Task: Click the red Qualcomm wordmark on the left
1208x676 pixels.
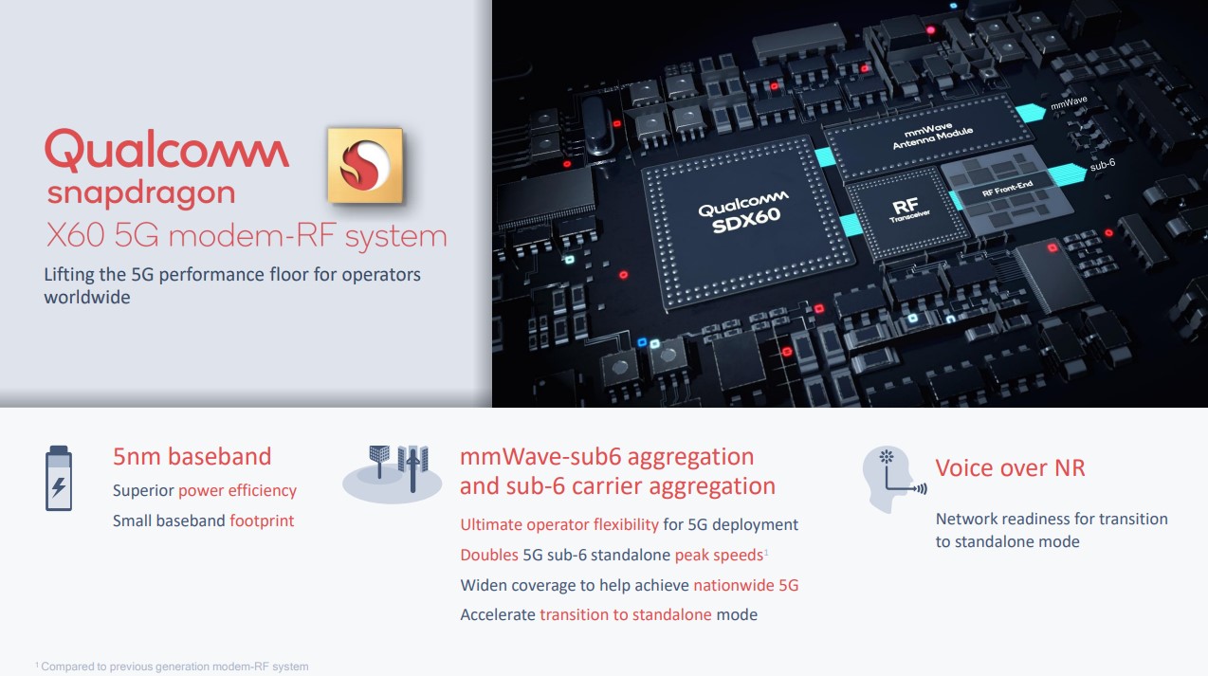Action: pyautogui.click(x=167, y=152)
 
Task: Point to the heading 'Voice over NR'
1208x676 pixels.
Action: pyautogui.click(x=1010, y=467)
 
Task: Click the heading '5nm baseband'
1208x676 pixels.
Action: pyautogui.click(x=192, y=456)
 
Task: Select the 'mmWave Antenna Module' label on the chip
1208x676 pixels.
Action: pyautogui.click(x=920, y=138)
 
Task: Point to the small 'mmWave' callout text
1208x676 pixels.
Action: pyautogui.click(x=1069, y=99)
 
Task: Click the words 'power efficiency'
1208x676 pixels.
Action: pyautogui.click(x=237, y=490)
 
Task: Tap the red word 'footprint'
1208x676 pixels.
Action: pyautogui.click(x=262, y=521)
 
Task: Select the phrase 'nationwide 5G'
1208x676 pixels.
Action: pyautogui.click(x=745, y=585)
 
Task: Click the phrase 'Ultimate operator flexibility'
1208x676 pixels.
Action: pyautogui.click(x=558, y=524)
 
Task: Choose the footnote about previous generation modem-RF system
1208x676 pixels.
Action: pyautogui.click(x=172, y=667)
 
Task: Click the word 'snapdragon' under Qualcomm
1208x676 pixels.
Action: pyautogui.click(x=140, y=193)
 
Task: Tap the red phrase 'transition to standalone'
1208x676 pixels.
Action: pyautogui.click(x=625, y=614)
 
